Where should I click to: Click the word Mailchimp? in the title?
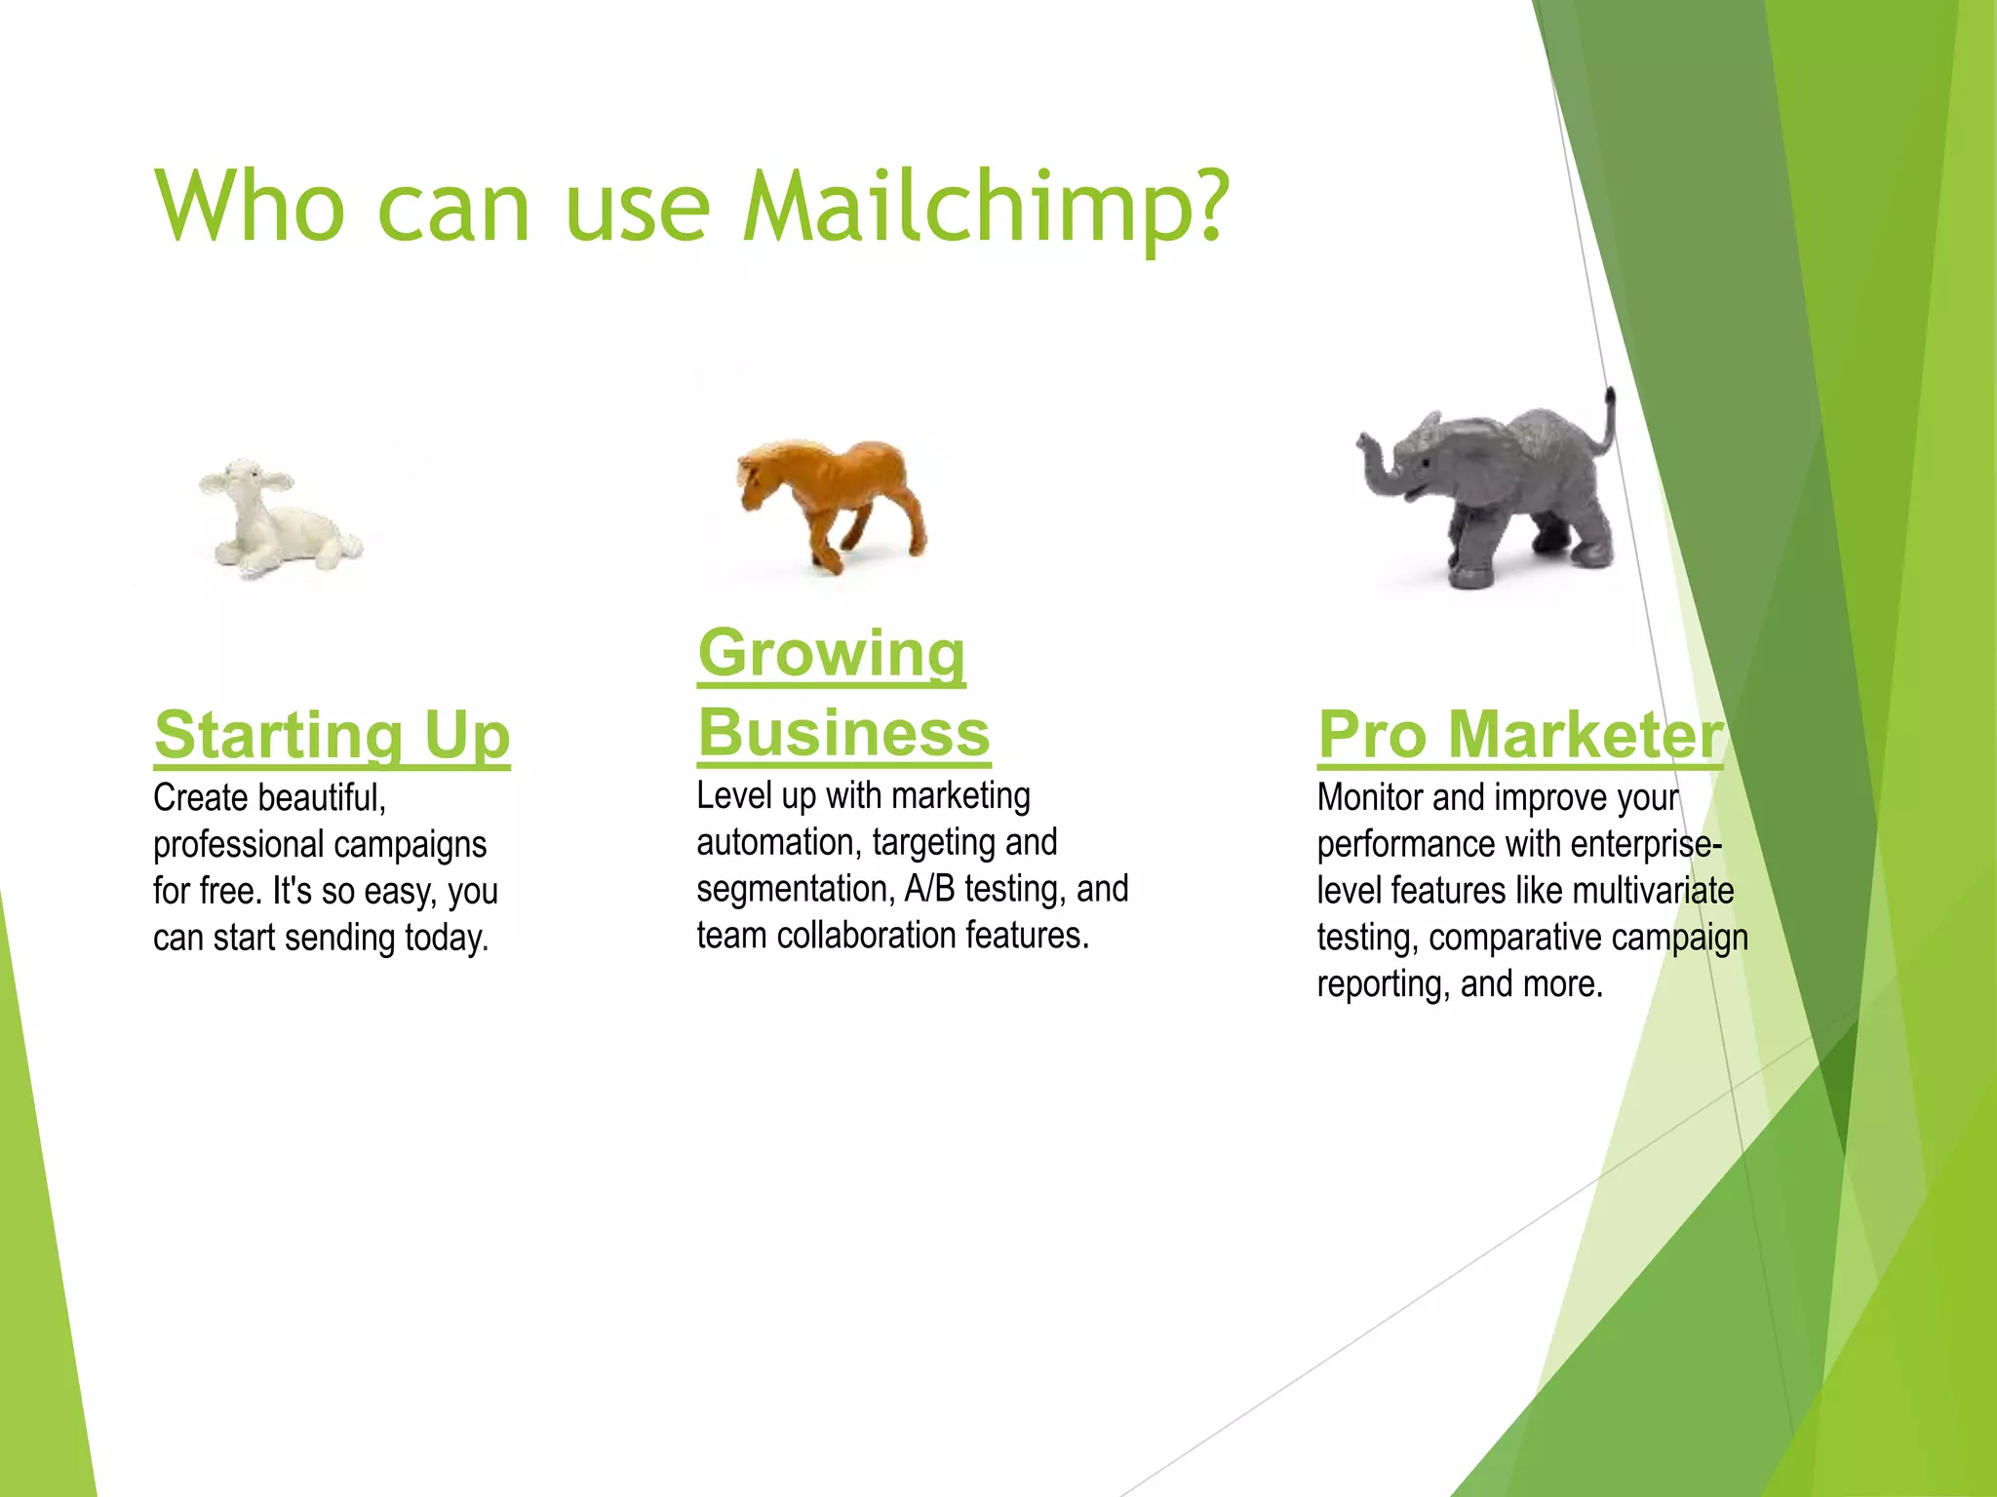coord(985,208)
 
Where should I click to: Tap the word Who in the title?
coord(250,206)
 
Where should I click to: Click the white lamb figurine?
coord(278,521)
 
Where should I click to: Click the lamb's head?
coord(244,483)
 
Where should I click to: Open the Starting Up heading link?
coord(332,735)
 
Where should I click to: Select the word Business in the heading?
coord(843,733)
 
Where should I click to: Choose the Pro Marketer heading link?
coord(1519,735)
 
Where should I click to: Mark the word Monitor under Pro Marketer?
coord(1370,797)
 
